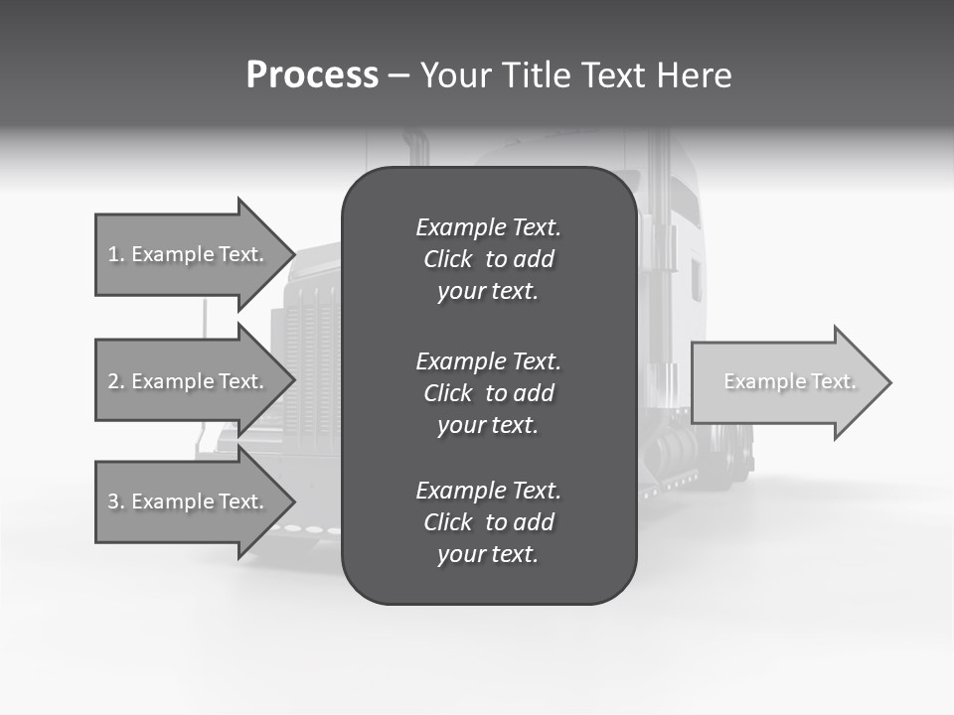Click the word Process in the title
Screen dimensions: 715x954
(x=312, y=75)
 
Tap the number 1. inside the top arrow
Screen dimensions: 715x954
(x=116, y=254)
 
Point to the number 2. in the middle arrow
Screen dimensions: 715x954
(x=116, y=381)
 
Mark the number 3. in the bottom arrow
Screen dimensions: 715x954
(x=116, y=501)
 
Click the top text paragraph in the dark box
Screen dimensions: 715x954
(x=488, y=259)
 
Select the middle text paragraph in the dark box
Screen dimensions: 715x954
(x=488, y=392)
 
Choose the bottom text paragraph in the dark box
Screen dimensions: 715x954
(x=488, y=521)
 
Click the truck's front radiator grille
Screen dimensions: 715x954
(x=314, y=357)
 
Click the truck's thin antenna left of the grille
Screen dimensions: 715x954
(x=206, y=318)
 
